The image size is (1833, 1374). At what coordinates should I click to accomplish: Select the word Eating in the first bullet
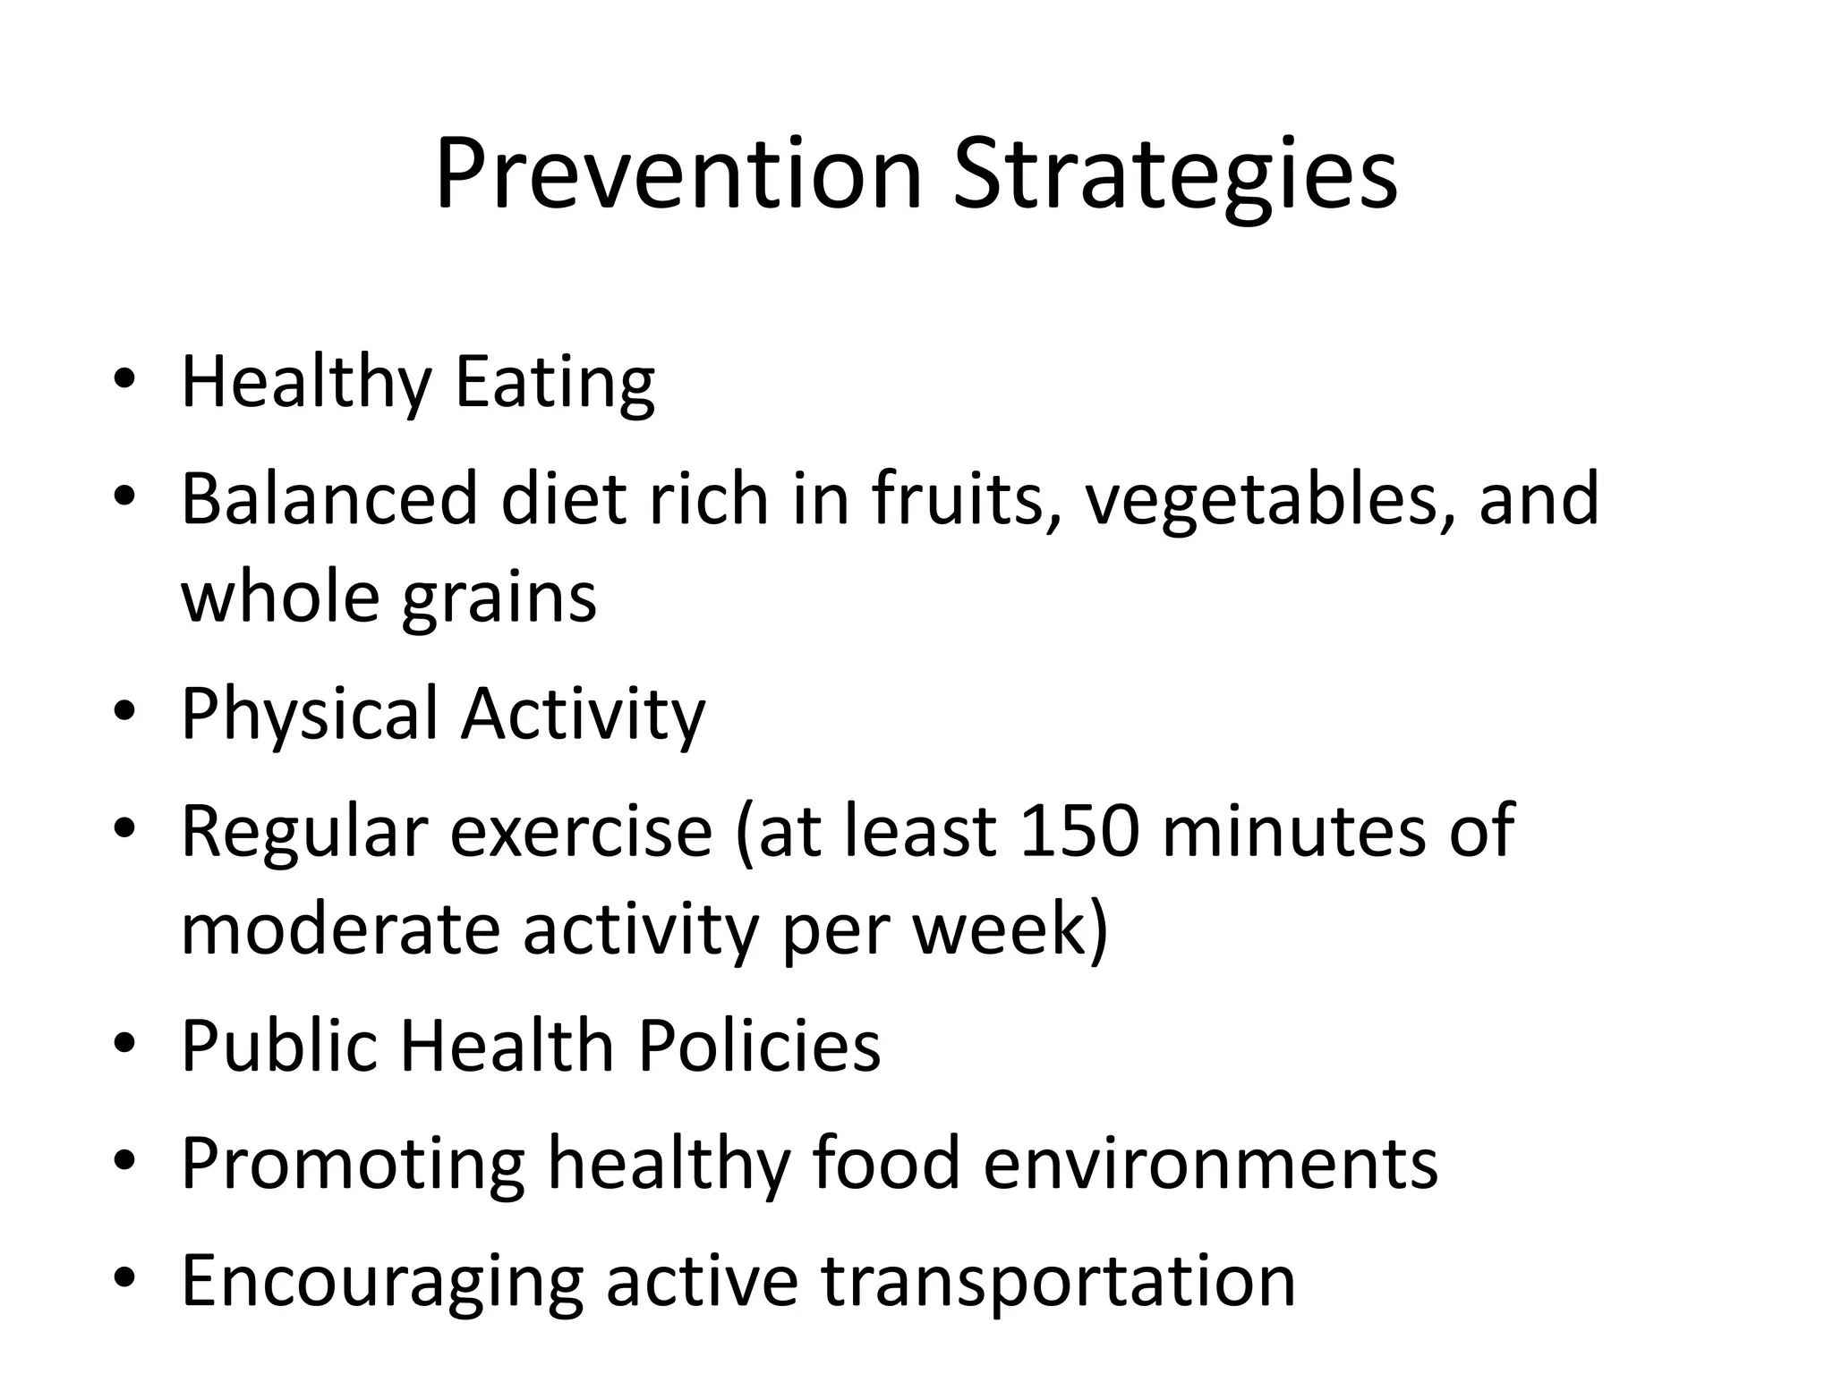pyautogui.click(x=555, y=382)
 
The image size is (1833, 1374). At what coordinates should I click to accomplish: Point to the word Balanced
pyautogui.click(x=329, y=498)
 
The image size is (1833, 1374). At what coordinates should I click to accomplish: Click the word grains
pyautogui.click(x=499, y=598)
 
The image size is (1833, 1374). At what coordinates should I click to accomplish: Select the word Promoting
pyautogui.click(x=353, y=1163)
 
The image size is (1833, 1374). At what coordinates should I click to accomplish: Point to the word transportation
pyautogui.click(x=1058, y=1281)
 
